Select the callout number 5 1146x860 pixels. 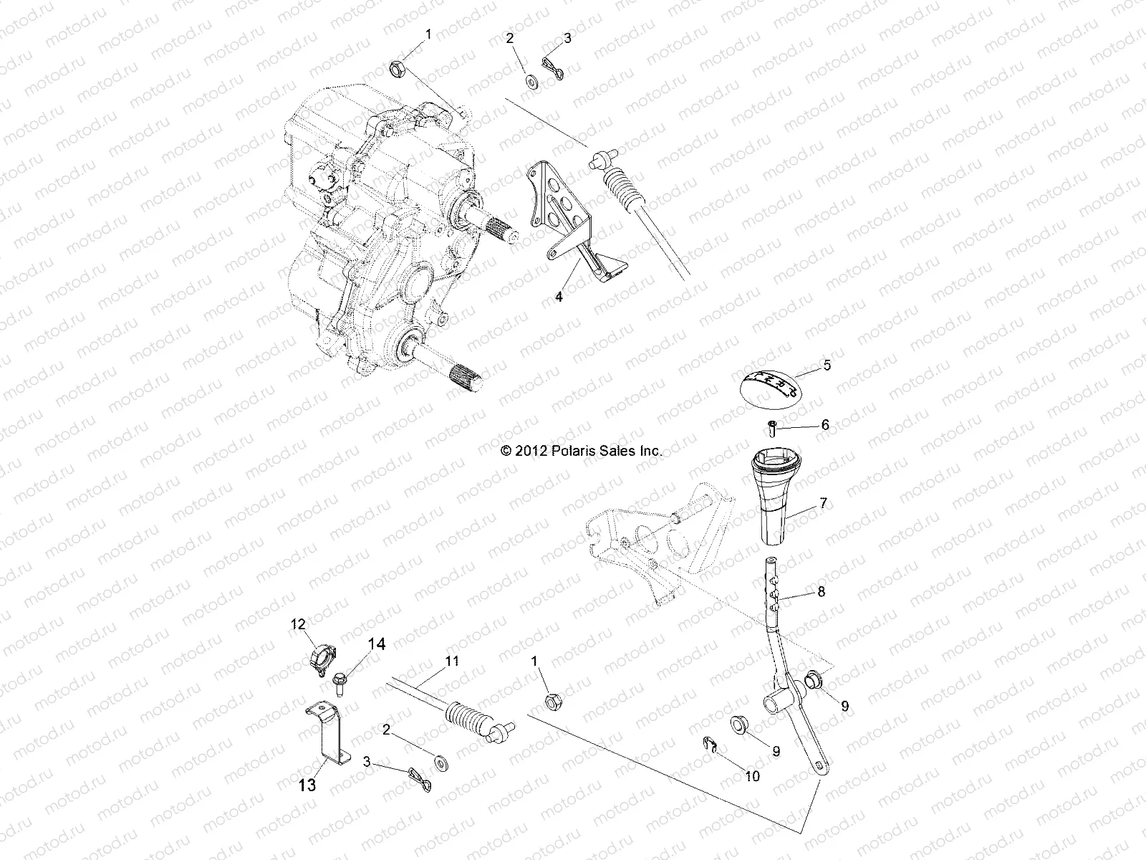pos(827,365)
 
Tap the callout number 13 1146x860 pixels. pos(307,785)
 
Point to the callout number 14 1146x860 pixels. pos(376,645)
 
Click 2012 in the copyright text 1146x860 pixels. pos(532,451)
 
